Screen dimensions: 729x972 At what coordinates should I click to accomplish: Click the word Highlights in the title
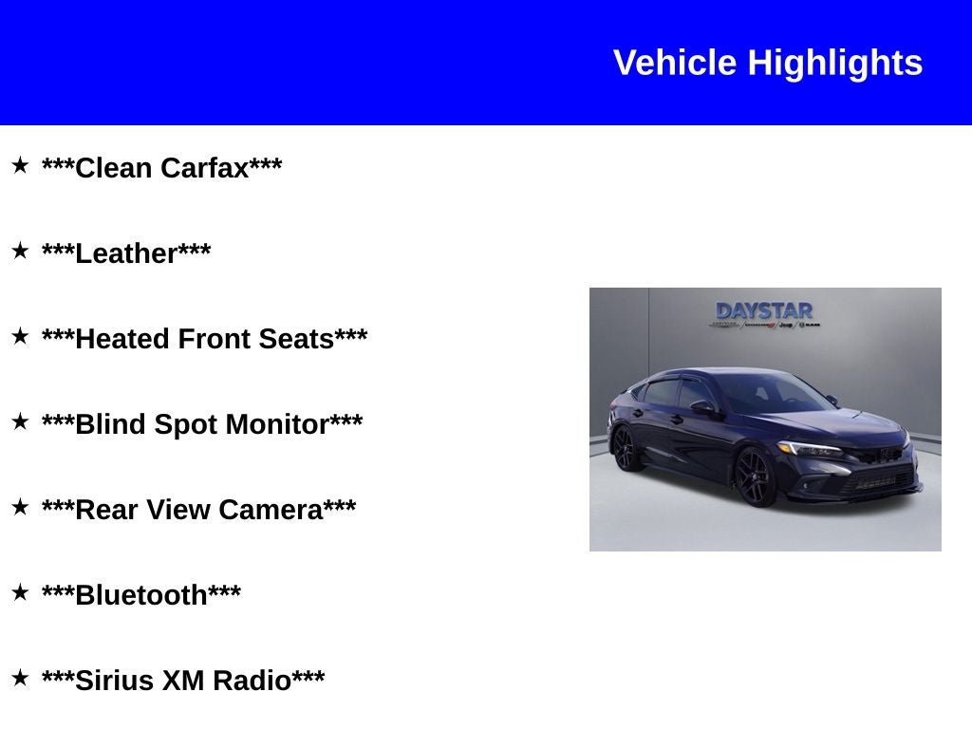(x=834, y=64)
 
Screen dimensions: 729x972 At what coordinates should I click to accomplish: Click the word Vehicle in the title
(x=675, y=64)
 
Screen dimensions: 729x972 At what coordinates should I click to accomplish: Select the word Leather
(x=126, y=253)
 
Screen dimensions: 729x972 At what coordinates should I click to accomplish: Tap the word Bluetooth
(x=141, y=595)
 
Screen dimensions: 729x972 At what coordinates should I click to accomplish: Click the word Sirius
(x=114, y=681)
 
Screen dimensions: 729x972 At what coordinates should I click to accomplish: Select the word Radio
(x=252, y=681)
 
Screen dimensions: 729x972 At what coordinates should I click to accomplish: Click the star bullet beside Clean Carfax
(x=20, y=165)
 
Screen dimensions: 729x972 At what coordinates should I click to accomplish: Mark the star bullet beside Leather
(x=20, y=251)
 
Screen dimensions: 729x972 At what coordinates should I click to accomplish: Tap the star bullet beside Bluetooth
(x=20, y=592)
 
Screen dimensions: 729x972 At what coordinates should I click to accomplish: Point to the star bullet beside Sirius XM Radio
(x=20, y=678)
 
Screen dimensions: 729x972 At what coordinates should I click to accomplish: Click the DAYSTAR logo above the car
(x=764, y=311)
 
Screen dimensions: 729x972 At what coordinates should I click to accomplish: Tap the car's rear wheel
(x=626, y=449)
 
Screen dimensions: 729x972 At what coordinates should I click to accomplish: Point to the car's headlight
(x=809, y=449)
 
